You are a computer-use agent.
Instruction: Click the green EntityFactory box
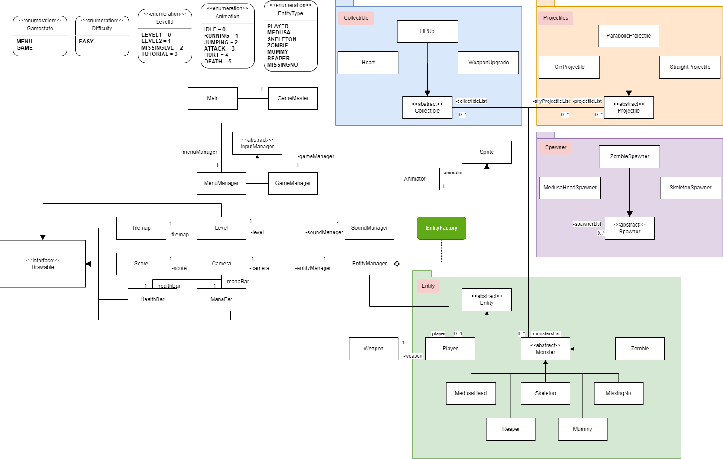point(441,228)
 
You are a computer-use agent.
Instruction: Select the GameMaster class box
point(293,98)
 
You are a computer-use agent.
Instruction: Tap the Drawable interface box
point(43,264)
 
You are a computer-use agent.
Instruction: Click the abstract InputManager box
point(257,143)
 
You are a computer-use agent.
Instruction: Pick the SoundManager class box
point(369,228)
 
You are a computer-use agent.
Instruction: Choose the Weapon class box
point(373,349)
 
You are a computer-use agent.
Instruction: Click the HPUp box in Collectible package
point(427,31)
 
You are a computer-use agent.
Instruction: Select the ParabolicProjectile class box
point(629,36)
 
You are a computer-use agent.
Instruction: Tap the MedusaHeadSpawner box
point(570,188)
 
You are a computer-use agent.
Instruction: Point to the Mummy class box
point(582,429)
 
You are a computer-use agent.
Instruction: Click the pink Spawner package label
point(556,147)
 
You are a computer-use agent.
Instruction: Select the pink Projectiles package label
point(556,18)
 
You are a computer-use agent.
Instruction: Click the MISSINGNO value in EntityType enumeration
point(282,65)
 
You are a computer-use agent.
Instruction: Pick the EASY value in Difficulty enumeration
point(86,42)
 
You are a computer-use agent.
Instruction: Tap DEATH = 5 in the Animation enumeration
point(218,62)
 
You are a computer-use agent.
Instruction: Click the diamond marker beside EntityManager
point(397,264)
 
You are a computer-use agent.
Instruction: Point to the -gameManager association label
point(316,156)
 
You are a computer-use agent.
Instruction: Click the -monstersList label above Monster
point(546,333)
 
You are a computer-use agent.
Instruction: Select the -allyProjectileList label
point(551,101)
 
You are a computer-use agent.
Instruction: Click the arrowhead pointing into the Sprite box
point(487,166)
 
